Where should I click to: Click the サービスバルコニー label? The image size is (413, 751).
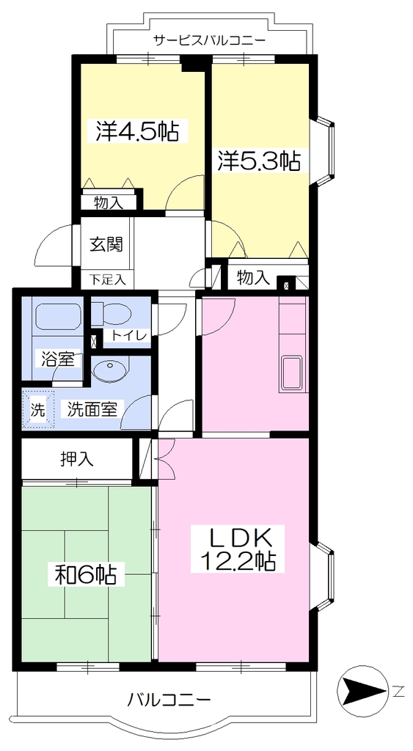click(x=209, y=40)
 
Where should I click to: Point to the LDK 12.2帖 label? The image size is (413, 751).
click(x=238, y=549)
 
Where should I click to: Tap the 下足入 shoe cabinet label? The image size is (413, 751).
click(x=108, y=279)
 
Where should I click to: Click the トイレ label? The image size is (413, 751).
click(x=129, y=336)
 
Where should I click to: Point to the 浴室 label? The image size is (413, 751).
click(x=57, y=359)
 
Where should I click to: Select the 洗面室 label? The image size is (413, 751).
click(x=92, y=409)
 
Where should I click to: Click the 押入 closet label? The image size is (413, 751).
click(x=77, y=459)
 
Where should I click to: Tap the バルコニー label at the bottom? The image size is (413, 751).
click(x=168, y=702)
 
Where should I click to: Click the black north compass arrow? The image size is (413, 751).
click(x=362, y=690)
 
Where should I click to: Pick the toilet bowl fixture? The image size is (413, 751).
click(x=112, y=314)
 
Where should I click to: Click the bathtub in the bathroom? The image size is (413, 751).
click(x=56, y=317)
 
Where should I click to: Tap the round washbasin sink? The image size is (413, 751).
click(x=112, y=370)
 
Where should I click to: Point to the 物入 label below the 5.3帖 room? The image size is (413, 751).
click(x=254, y=277)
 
